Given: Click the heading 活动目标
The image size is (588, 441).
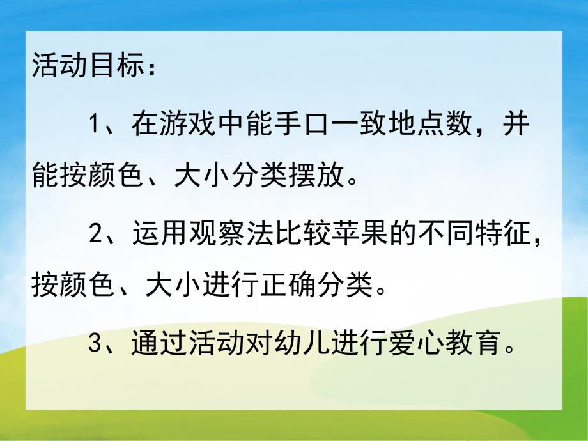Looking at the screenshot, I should [83, 66].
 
